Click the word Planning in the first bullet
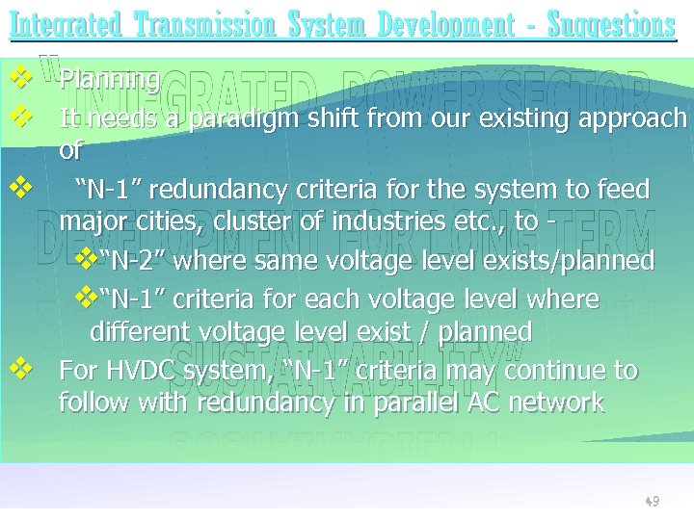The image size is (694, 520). [x=109, y=80]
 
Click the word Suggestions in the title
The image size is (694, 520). [x=611, y=24]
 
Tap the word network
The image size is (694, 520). [x=547, y=403]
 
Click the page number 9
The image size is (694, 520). [x=654, y=502]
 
